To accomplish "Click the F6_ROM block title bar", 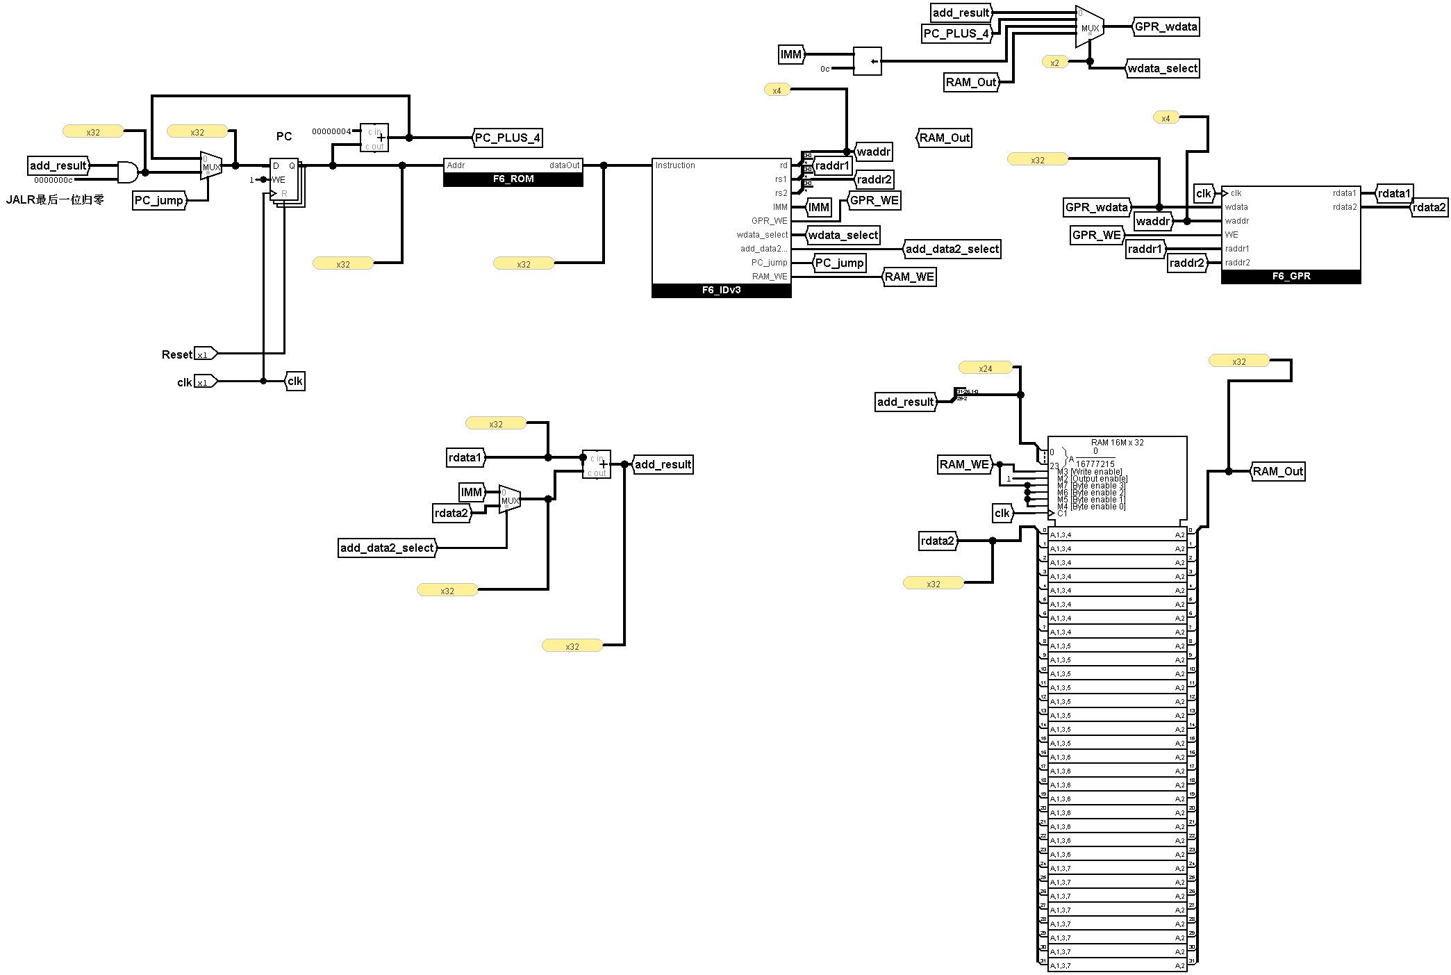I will tap(513, 179).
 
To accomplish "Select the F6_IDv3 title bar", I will tap(721, 290).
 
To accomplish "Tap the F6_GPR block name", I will tap(1291, 277).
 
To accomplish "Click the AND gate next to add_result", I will tap(127, 172).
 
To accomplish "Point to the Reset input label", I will tap(176, 354).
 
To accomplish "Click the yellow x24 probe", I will tap(985, 368).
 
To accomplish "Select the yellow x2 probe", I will tap(1054, 63).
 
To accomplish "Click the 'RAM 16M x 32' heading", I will tap(1117, 443).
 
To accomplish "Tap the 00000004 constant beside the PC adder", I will tap(331, 131).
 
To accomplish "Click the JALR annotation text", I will tap(55, 200).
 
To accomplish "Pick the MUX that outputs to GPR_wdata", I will tap(1088, 28).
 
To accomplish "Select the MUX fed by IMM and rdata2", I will tap(509, 500).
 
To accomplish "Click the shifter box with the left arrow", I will tap(867, 61).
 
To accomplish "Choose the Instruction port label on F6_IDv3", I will tap(675, 165).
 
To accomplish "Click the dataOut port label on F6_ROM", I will tap(564, 165).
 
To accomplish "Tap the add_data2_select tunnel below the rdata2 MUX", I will tap(387, 548).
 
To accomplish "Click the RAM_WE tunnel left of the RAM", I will tap(964, 464).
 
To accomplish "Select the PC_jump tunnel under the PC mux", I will tap(159, 201).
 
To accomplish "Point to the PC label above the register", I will tap(284, 136).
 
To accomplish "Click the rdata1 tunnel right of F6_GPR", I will tap(1394, 193).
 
